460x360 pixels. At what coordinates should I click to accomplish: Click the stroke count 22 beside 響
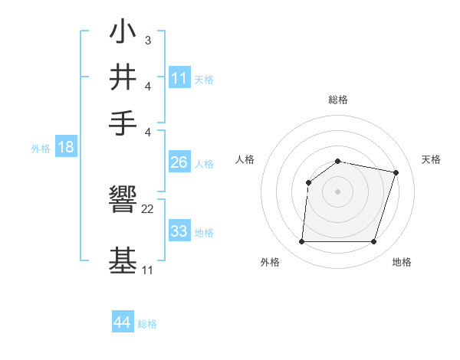148,209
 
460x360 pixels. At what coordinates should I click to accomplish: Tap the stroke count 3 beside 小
147,40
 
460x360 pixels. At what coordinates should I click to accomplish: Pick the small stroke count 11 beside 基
147,270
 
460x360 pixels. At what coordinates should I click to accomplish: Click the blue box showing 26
179,162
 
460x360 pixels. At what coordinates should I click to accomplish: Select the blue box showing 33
179,231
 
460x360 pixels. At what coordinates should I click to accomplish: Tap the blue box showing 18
65,147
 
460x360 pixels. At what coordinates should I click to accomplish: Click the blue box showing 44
122,322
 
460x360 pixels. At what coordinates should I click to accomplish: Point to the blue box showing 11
179,77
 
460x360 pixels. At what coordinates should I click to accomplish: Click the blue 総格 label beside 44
147,324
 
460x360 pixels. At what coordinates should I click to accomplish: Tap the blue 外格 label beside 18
41,149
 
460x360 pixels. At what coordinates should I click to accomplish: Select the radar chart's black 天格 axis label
431,159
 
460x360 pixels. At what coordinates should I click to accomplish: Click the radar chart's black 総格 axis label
338,100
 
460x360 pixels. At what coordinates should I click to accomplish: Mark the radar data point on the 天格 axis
396,172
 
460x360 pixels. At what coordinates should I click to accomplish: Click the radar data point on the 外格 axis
301,242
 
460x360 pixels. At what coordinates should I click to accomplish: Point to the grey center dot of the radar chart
338,191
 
